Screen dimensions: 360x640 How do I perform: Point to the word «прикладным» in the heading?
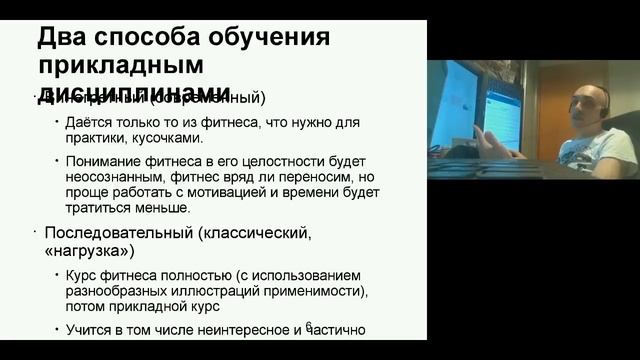(x=121, y=67)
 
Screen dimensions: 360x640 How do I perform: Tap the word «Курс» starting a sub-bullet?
(x=82, y=275)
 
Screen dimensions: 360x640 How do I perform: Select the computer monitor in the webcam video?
(x=454, y=105)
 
